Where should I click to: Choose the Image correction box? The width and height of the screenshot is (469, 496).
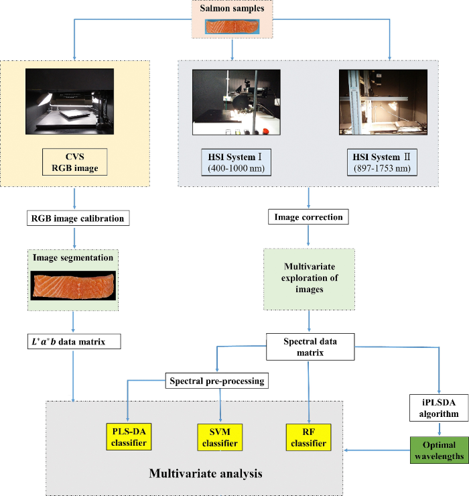coord(308,217)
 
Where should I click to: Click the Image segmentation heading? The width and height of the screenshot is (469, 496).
coord(72,258)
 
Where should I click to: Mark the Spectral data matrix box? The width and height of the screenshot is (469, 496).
coord(308,347)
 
